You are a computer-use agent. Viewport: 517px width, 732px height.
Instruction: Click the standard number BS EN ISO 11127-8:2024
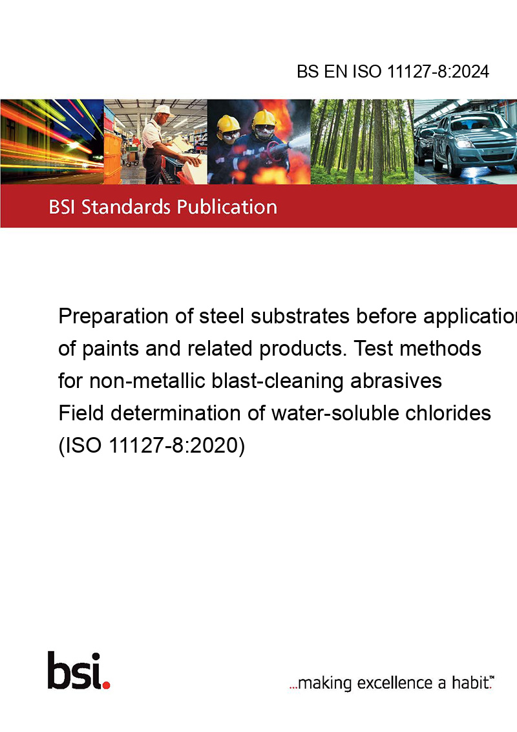coord(393,72)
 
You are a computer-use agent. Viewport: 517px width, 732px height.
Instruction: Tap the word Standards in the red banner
coord(125,207)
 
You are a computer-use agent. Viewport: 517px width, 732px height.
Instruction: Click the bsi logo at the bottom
coord(78,671)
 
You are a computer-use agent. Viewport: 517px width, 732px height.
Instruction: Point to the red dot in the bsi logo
coord(106,685)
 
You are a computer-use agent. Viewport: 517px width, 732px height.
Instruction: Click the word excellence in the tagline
coord(395,683)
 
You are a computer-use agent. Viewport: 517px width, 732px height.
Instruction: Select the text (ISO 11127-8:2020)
coord(152,445)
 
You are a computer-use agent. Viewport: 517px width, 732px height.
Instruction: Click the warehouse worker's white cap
coord(163,110)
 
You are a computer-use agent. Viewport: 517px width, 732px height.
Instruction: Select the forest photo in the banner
coord(362,142)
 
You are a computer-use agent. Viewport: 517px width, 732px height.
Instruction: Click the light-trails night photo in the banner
coord(52,142)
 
